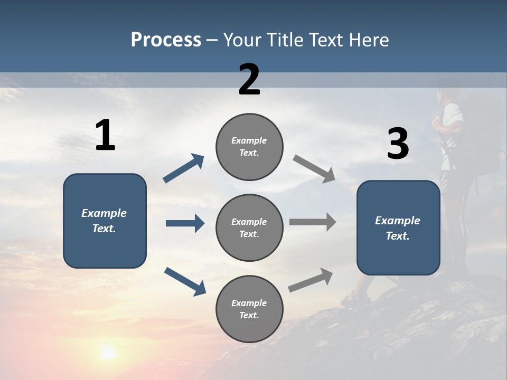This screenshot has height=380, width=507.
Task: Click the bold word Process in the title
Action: (166, 40)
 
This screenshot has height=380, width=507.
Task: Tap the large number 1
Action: (105, 136)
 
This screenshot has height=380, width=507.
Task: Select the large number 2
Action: (249, 80)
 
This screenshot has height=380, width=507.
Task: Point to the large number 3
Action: (398, 144)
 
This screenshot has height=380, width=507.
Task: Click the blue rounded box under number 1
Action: (105, 221)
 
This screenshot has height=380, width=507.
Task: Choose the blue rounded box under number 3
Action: (398, 228)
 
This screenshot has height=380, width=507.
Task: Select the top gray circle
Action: (249, 147)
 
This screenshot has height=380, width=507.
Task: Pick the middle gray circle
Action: (249, 228)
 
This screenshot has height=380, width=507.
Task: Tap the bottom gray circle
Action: (249, 309)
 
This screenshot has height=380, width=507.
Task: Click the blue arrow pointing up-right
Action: (183, 168)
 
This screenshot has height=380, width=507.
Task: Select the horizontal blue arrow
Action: (185, 223)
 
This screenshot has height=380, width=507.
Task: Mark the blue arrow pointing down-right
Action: (185, 281)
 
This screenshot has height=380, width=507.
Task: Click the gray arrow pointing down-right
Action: (314, 169)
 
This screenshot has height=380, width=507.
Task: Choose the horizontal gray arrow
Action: (313, 222)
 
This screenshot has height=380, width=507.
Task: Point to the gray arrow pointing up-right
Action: (311, 280)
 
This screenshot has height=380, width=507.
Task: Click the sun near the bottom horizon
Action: (108, 352)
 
